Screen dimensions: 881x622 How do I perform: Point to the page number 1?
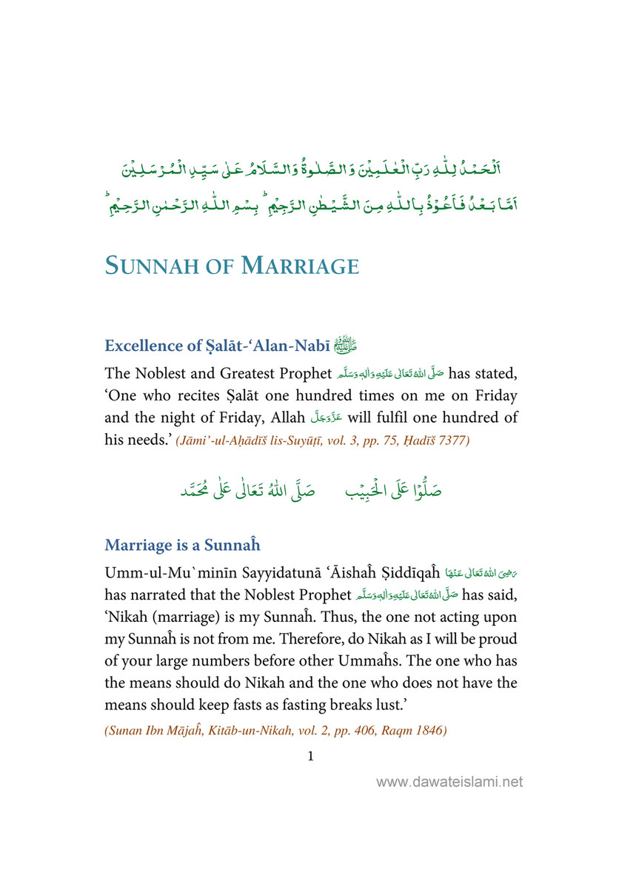click(310, 756)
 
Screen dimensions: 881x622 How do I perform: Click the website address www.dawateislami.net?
click(449, 782)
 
